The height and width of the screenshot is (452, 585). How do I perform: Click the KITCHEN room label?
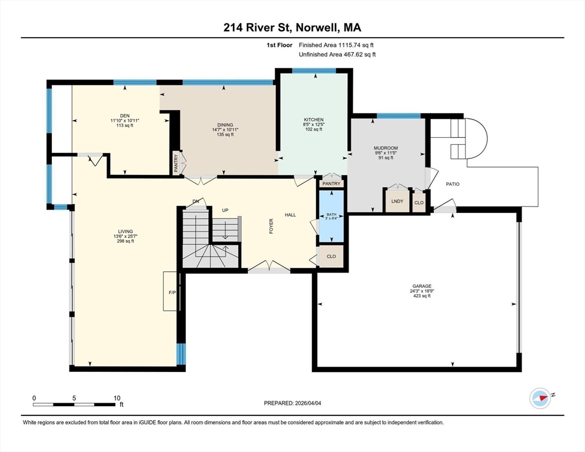click(313, 120)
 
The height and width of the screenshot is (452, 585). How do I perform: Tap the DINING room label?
click(225, 125)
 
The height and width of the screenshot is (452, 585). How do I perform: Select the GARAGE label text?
click(422, 286)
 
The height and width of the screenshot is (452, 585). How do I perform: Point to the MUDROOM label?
click(385, 148)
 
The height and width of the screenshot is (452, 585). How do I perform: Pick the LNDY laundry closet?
click(397, 201)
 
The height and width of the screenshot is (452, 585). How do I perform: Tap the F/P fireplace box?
click(172, 291)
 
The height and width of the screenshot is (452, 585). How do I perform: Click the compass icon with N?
click(540, 398)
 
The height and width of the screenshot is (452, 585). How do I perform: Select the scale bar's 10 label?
click(117, 398)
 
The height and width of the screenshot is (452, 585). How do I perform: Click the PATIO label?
click(453, 184)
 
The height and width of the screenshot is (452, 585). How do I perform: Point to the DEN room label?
click(125, 116)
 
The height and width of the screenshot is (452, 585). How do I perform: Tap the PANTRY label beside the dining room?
click(176, 164)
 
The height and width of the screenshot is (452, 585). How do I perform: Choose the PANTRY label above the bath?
click(331, 184)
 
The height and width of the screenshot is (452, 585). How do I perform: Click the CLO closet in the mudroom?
click(419, 202)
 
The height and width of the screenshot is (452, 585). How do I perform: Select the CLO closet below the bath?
click(331, 257)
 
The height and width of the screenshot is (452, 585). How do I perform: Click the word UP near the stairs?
click(225, 210)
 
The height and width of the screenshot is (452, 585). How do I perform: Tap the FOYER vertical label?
click(271, 226)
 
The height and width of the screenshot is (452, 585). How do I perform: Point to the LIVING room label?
click(125, 231)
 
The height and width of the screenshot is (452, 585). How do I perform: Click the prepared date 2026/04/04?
click(308, 403)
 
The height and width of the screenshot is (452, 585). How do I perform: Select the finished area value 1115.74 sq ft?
click(356, 45)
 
